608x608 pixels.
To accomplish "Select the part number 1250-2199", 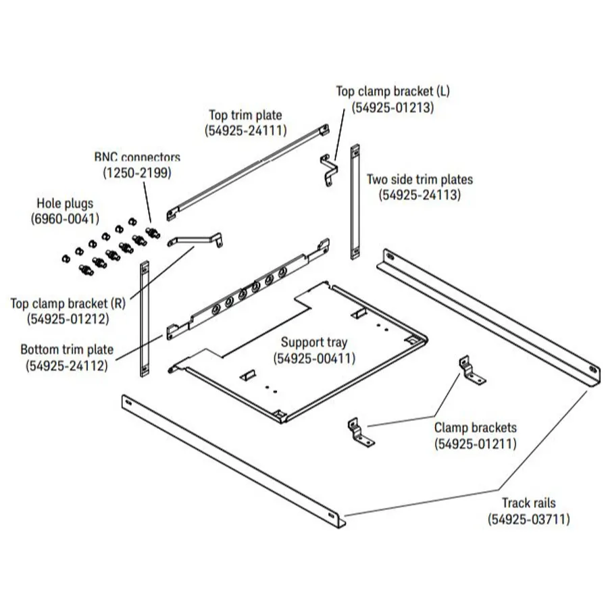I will [x=137, y=172].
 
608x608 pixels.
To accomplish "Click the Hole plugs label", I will [x=65, y=203].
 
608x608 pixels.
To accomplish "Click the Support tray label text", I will [x=314, y=343].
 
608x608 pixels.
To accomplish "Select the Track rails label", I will [x=528, y=503].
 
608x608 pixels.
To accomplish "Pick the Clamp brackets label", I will [x=475, y=428].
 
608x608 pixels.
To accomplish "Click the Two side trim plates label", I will [x=420, y=180].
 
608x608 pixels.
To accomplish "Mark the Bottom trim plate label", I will [x=67, y=351].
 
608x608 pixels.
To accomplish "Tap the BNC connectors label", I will [x=137, y=157].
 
